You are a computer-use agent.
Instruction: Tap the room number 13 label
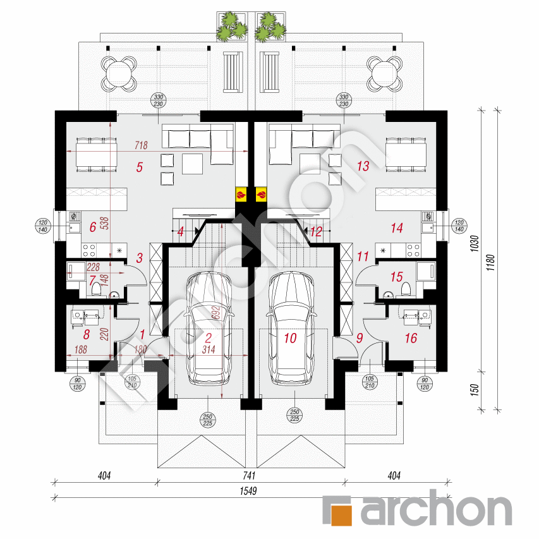(x=363, y=166)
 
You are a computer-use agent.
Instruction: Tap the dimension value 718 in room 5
(x=140, y=145)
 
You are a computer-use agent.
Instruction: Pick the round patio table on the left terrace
(x=119, y=73)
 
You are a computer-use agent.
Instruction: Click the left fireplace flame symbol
(x=241, y=194)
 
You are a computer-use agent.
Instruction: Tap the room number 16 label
(x=411, y=339)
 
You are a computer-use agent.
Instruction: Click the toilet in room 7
(x=96, y=289)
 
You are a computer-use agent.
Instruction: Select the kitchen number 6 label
(x=92, y=227)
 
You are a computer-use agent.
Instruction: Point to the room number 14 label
(x=397, y=228)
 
